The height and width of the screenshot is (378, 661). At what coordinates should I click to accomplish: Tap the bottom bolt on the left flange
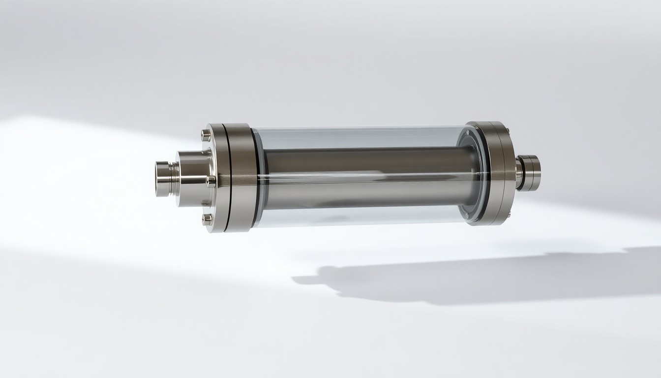click(x=207, y=219)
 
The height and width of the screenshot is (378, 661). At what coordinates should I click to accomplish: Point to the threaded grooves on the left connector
click(x=173, y=178)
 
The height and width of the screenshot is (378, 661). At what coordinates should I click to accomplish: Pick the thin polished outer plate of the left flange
click(x=217, y=177)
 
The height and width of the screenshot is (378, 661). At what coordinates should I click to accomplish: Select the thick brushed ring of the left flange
click(x=241, y=177)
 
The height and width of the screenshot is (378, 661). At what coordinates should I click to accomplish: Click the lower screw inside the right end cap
click(x=465, y=215)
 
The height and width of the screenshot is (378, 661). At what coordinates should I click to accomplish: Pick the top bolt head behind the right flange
click(x=507, y=130)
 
